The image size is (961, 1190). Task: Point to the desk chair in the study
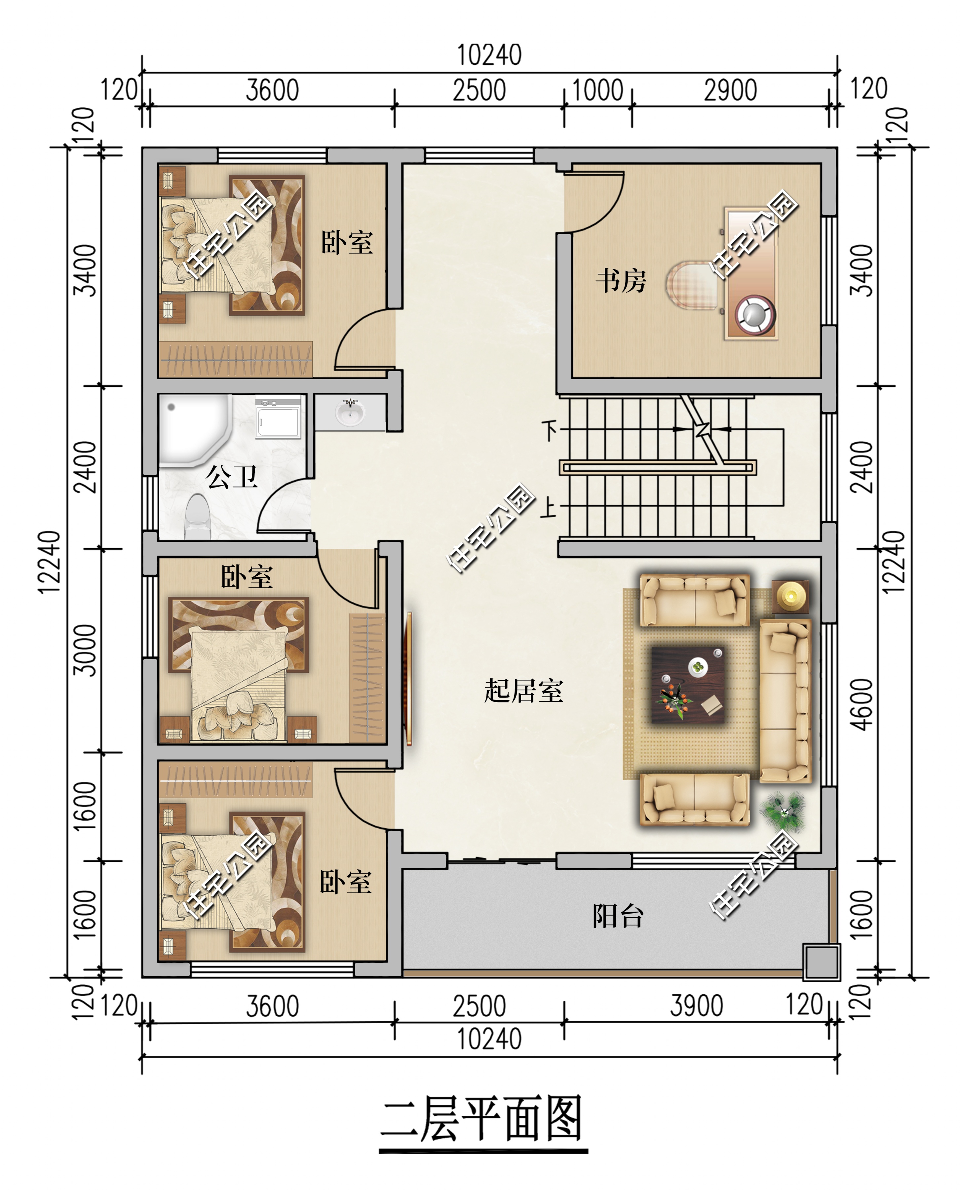[x=691, y=286]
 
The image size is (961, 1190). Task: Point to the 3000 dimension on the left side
[x=85, y=651]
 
